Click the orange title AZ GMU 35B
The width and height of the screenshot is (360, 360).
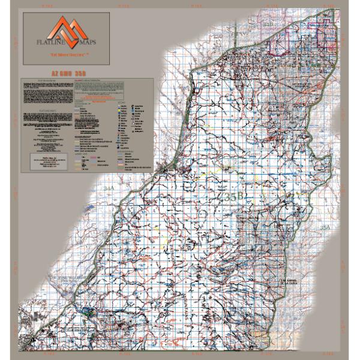(66, 73)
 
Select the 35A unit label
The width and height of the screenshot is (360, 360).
(325, 227)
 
